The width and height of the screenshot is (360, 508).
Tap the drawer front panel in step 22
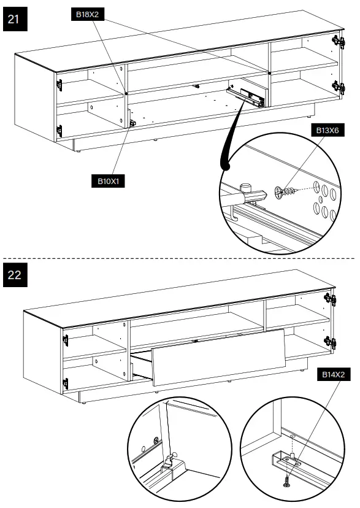pyautogui.click(x=218, y=362)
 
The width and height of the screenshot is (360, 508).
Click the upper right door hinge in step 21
pyautogui.click(x=335, y=42)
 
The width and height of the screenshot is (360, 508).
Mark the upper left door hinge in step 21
pyautogui.click(x=59, y=85)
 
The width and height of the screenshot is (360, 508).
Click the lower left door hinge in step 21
pyautogui.click(x=59, y=129)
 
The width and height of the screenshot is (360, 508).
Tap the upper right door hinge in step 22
pyautogui.click(x=333, y=299)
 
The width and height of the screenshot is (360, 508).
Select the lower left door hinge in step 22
pyautogui.click(x=66, y=383)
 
